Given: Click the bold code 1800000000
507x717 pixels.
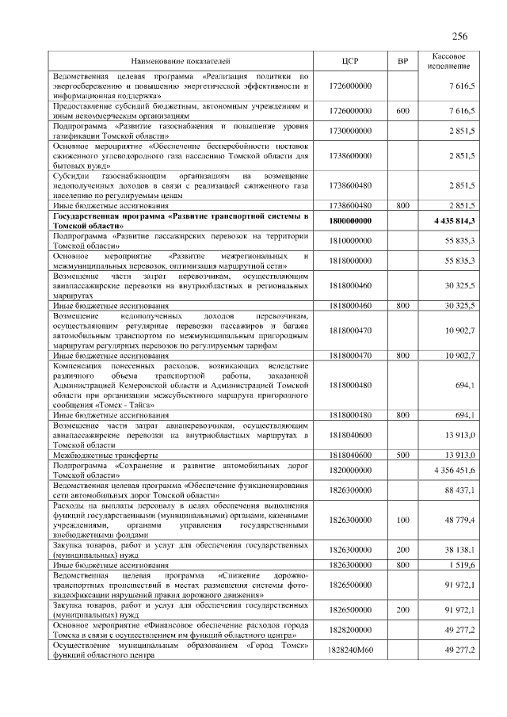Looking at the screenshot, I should (x=350, y=221).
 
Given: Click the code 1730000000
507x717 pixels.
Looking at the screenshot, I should (x=350, y=130).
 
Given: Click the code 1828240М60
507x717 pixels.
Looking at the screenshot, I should (x=350, y=650).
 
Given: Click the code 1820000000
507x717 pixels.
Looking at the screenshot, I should (x=350, y=471).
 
